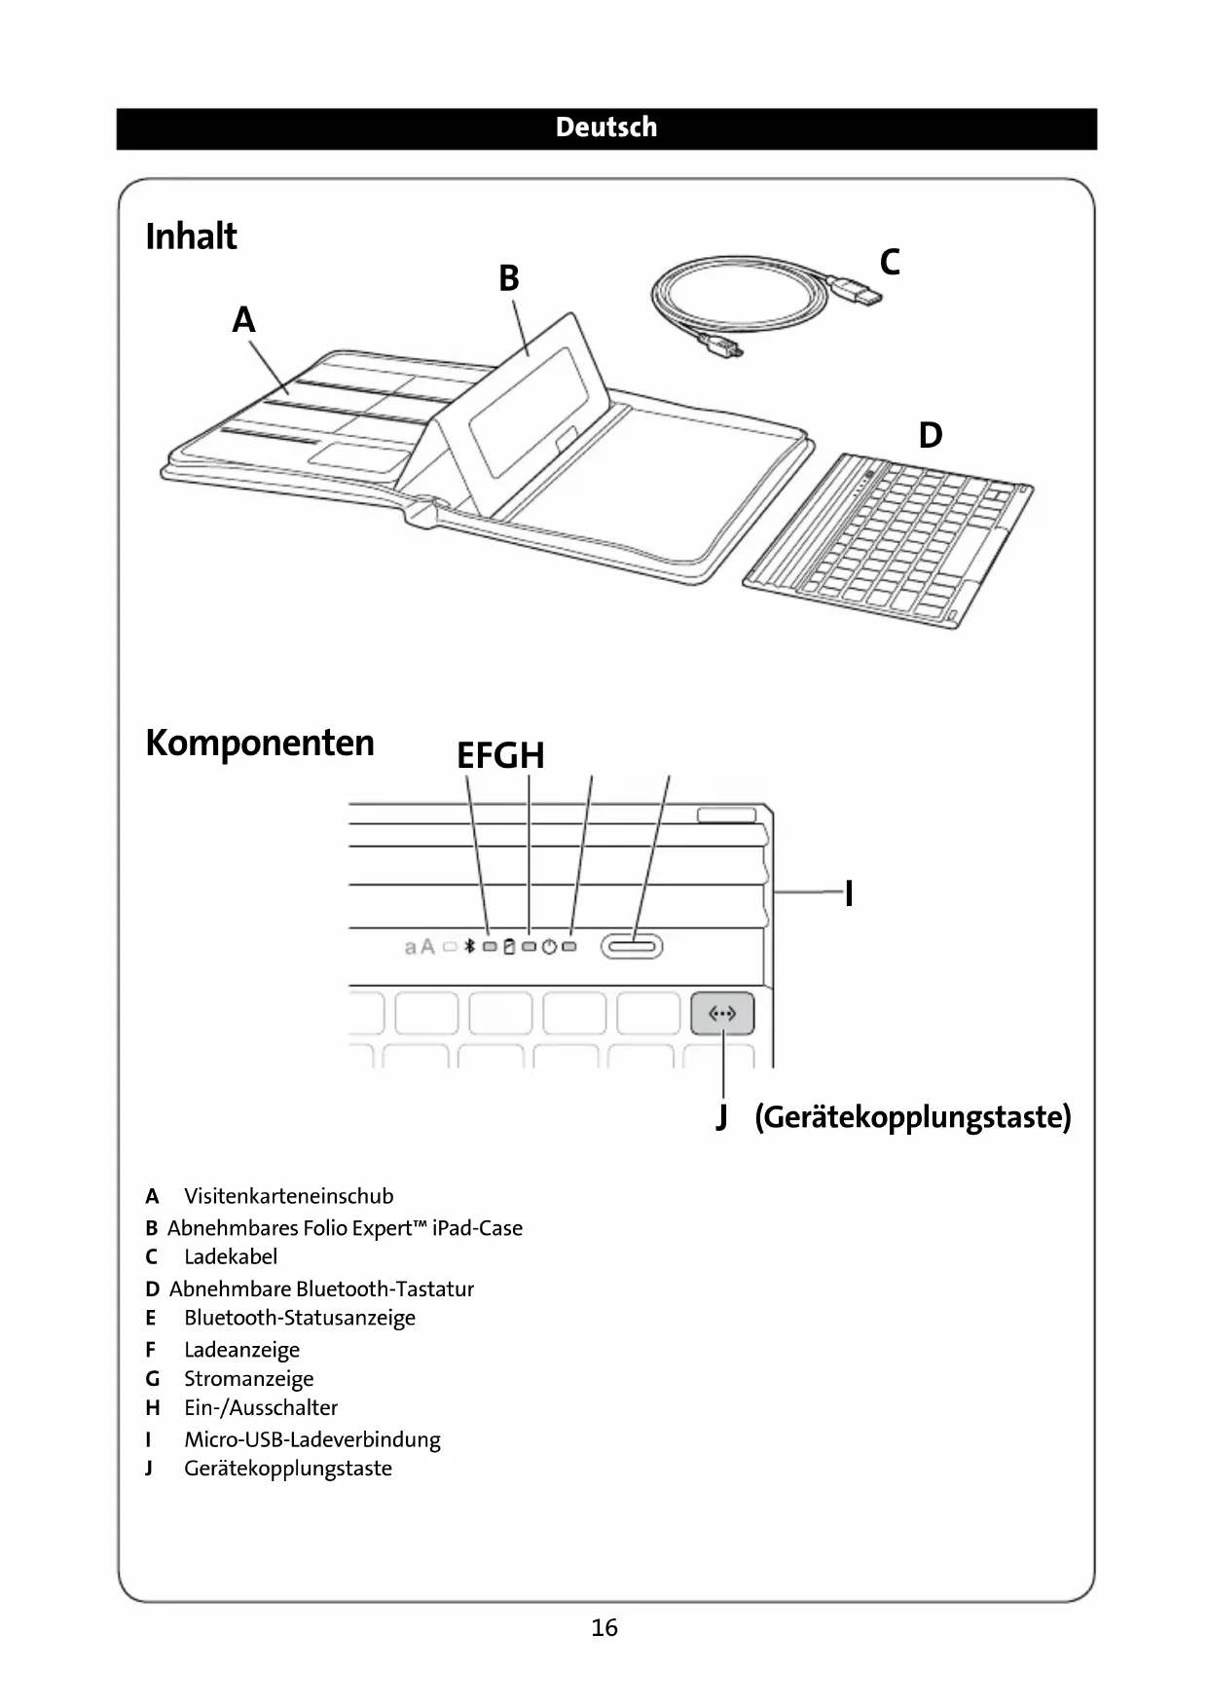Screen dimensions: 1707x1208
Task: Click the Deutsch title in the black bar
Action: [605, 127]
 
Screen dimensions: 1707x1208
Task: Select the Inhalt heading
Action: [191, 236]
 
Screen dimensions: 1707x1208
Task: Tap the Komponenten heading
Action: [260, 743]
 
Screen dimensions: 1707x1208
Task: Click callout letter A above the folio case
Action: [243, 320]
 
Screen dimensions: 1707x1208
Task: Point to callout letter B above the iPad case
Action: [509, 279]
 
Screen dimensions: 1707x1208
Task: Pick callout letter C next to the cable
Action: [890, 263]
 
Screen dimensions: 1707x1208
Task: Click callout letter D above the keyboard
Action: [931, 435]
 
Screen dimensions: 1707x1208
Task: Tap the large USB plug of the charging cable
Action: [860, 291]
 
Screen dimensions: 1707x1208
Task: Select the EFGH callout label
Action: [500, 756]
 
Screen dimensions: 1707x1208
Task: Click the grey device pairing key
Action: [722, 1014]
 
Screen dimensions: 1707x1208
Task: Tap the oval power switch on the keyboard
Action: [632, 945]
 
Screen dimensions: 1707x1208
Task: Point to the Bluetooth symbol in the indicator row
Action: [469, 946]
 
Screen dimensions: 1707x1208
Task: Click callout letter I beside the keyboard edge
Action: [849, 892]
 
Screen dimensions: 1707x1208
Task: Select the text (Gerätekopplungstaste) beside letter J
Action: [913, 1116]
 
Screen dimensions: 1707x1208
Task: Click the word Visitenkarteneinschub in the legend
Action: [289, 1196]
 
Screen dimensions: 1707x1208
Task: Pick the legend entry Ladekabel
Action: [231, 1256]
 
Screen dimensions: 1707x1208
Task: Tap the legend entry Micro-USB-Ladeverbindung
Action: [312, 1439]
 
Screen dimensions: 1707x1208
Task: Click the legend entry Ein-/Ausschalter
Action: [261, 1407]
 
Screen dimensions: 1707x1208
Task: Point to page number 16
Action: [604, 1627]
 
